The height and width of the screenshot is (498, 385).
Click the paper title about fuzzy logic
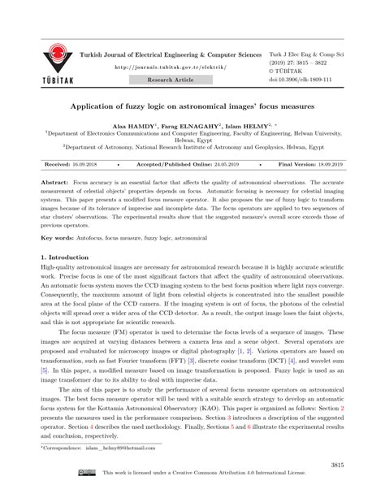point(192,106)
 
